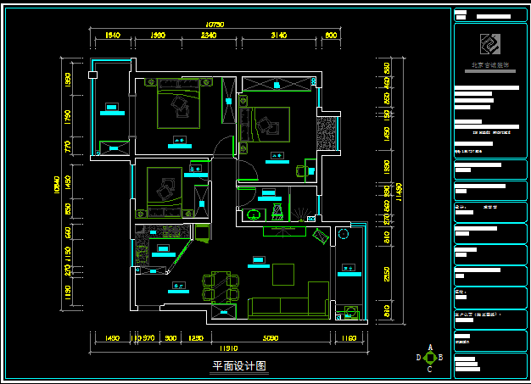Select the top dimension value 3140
coord(278,35)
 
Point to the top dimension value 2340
coord(209,35)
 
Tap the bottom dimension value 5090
coord(270,338)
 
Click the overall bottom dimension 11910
coord(228,348)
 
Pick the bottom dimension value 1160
coord(349,338)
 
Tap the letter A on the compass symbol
coord(430,348)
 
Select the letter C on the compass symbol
coord(430,369)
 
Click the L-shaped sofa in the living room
coord(288,302)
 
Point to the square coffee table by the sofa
coord(282,274)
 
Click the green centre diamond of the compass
coord(430,358)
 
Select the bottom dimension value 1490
coord(112,338)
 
